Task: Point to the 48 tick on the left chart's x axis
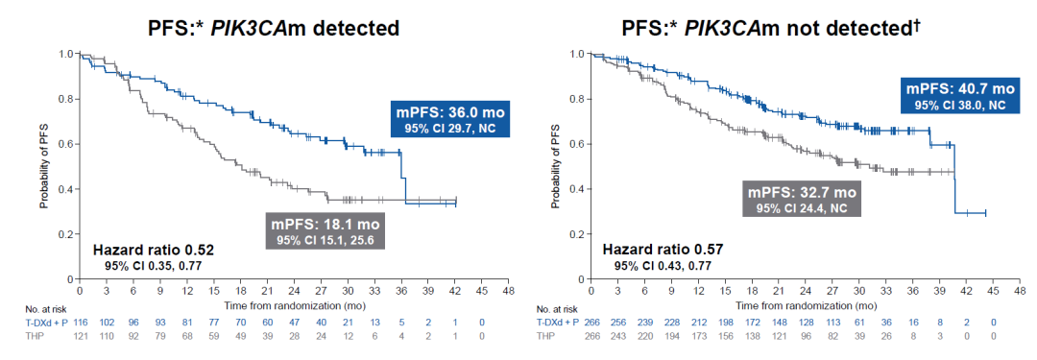509,291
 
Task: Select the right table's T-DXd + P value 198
725,323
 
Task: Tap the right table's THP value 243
617,336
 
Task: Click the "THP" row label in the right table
547,336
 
